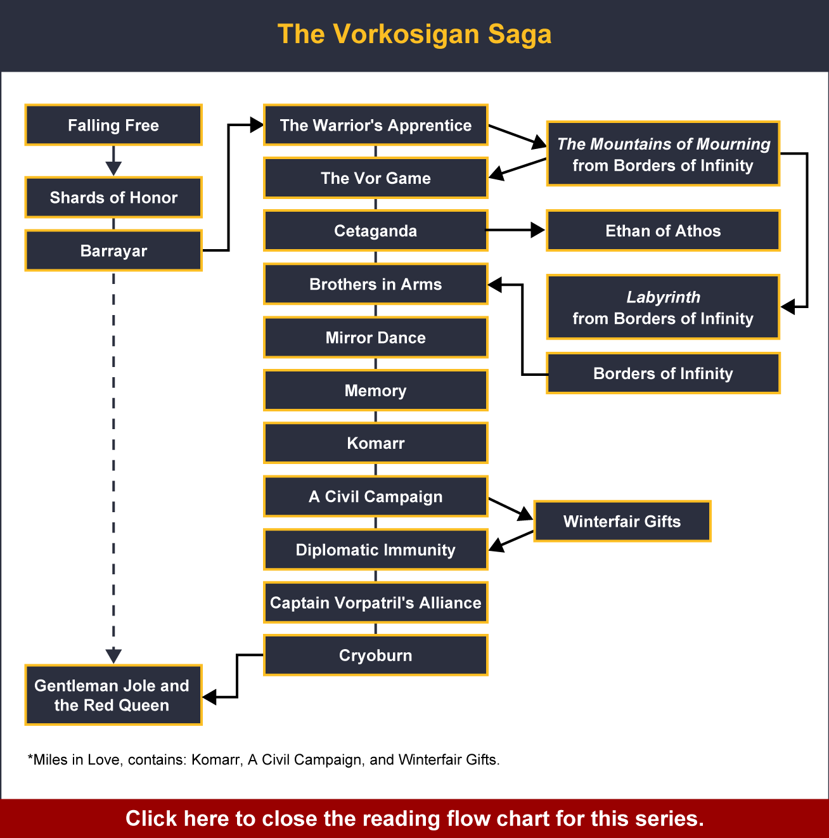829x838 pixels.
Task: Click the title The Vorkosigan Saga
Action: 414,34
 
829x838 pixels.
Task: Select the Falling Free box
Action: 113,125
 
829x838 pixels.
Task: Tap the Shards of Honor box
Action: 113,197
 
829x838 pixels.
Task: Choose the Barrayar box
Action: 113,250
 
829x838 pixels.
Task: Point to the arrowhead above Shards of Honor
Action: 113,168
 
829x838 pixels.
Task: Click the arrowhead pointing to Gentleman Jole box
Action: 113,655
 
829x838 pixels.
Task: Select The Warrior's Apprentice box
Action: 376,125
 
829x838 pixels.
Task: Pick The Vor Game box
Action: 376,178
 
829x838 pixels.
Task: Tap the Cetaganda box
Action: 376,231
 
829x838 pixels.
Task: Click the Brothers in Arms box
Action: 376,284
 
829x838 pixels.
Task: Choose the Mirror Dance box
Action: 376,337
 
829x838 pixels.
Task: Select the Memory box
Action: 376,390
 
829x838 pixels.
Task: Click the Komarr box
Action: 376,443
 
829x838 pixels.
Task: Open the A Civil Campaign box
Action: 376,496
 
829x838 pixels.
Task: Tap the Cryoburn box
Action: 376,655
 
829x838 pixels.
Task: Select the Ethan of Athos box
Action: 663,231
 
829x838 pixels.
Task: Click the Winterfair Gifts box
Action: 622,521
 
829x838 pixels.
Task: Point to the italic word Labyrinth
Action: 663,297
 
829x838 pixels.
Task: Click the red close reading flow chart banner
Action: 414,818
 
